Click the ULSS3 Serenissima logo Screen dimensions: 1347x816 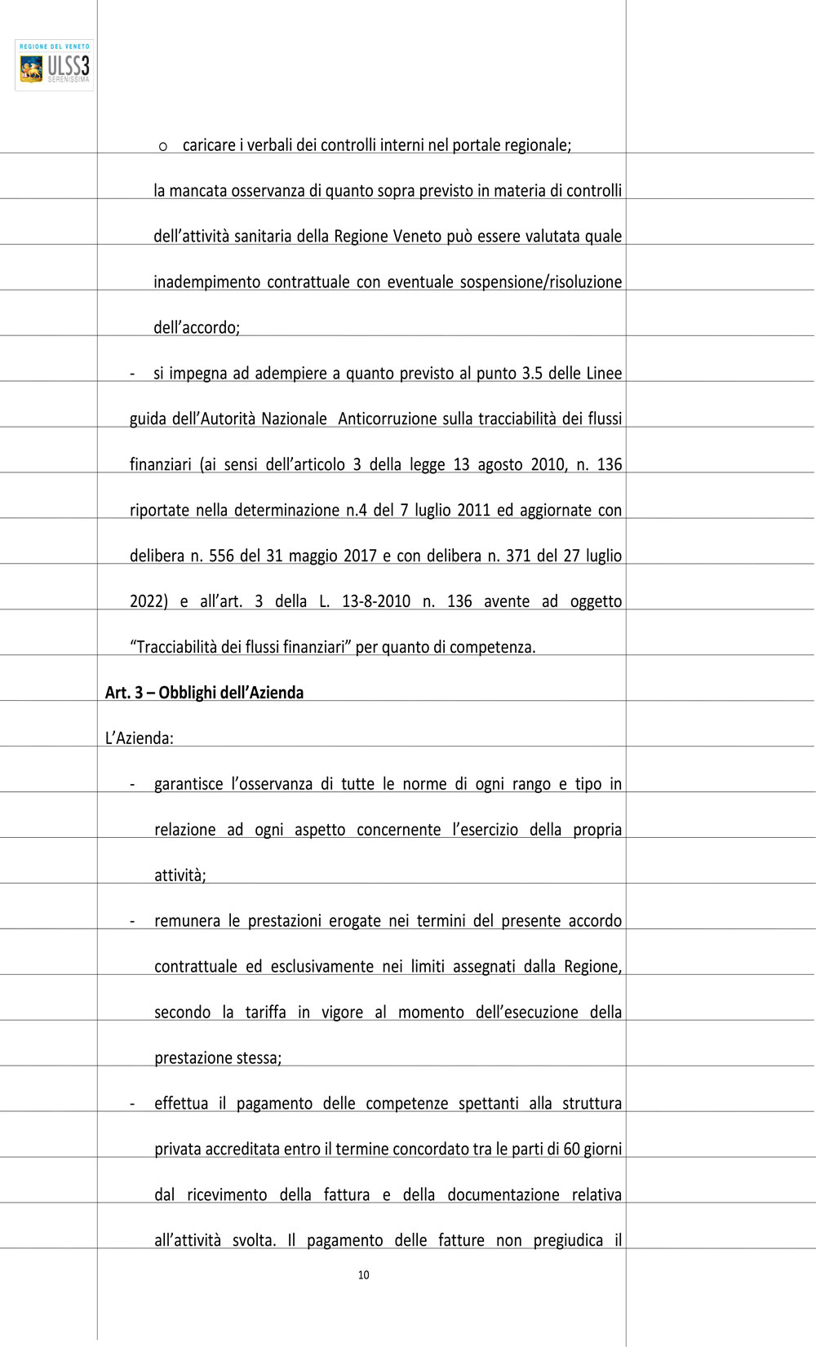(55, 65)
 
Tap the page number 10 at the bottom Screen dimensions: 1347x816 (364, 1275)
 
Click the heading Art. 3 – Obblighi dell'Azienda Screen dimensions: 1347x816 (204, 693)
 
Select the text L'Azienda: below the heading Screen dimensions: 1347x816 (140, 738)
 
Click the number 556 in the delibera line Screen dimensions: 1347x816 (221, 556)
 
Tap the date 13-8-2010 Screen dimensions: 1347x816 (375, 601)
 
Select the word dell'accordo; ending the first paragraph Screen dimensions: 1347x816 (197, 327)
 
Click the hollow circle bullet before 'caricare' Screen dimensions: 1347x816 (163, 146)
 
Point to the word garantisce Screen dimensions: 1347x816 (188, 784)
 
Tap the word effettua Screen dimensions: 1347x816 (181, 1104)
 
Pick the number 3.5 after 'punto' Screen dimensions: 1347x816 (532, 373)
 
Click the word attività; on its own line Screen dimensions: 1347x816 (180, 875)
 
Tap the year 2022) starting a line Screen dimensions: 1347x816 (149, 601)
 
